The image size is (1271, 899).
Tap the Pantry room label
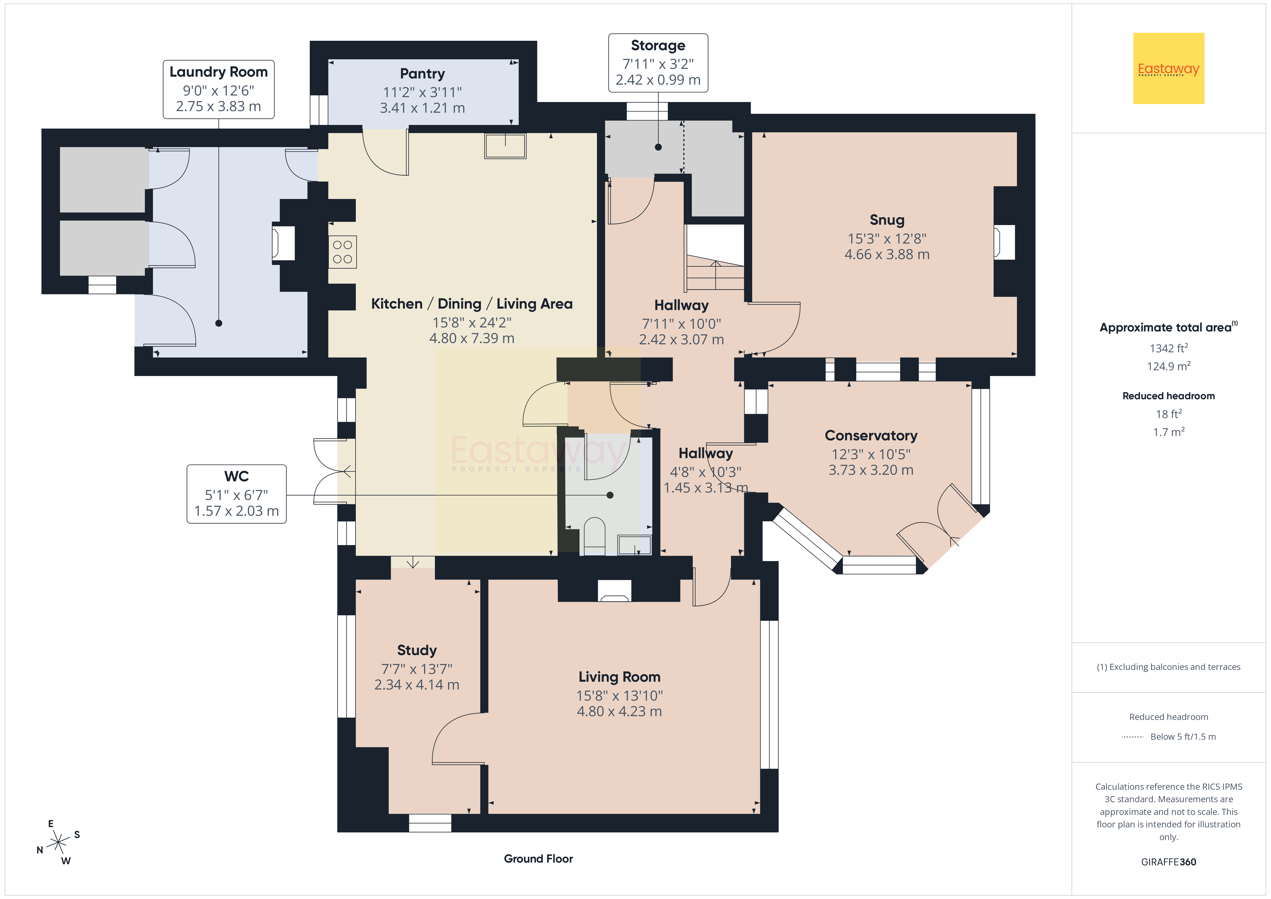[422, 74]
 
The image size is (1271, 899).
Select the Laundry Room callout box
[219, 89]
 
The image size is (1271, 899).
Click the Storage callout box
[658, 63]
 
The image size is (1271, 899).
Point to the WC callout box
[236, 494]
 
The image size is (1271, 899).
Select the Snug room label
[887, 220]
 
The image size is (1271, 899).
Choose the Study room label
[417, 650]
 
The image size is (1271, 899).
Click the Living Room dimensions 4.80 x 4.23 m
[619, 711]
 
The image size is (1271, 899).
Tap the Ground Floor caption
[538, 859]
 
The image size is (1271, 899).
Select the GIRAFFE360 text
[1169, 862]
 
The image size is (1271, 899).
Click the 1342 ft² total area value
[1169, 348]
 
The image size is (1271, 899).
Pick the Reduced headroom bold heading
[1169, 395]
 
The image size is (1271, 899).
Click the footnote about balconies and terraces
[1169, 667]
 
